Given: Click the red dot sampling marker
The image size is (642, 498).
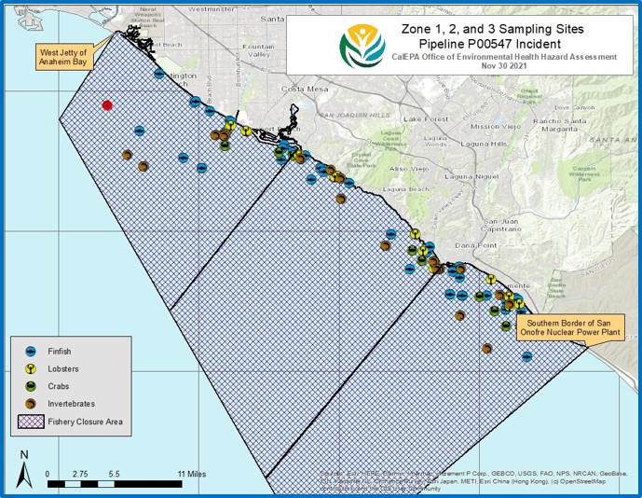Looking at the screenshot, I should [x=108, y=106].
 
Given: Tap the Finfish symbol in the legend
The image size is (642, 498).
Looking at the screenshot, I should [x=31, y=351].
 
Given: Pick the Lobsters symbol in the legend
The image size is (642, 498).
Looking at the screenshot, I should [x=31, y=368].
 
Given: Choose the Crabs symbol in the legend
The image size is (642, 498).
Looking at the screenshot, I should [x=31, y=385].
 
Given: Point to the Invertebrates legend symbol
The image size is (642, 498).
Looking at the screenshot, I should [x=31, y=403].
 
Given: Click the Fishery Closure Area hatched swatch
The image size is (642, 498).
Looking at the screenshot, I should [x=31, y=421].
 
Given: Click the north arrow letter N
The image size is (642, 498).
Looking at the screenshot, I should [x=24, y=455].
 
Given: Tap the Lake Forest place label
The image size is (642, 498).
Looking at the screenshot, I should [x=426, y=119].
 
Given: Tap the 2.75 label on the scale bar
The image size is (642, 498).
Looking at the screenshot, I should [x=80, y=473].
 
